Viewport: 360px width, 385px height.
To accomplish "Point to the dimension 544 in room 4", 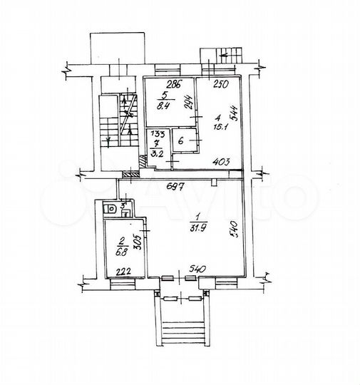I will click(235, 108).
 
